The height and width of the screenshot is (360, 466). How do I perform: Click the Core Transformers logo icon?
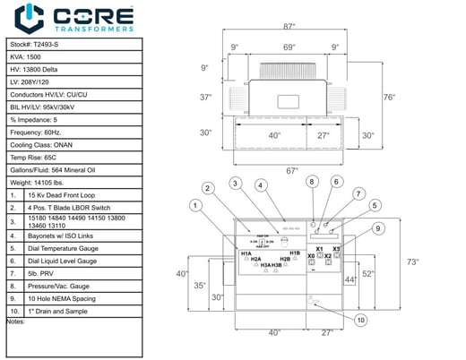point(31,18)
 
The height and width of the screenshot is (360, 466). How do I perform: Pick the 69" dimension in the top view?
point(289,47)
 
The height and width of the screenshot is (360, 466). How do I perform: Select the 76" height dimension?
point(388,97)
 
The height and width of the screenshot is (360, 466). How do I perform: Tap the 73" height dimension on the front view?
point(413,262)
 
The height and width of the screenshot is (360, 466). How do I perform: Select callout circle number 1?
point(194,205)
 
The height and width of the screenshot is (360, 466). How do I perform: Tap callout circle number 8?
point(312,182)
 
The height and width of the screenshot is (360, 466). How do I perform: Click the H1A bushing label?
point(246,253)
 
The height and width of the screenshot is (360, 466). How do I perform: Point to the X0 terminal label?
point(311,255)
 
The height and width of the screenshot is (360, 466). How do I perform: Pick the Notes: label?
point(15,321)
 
